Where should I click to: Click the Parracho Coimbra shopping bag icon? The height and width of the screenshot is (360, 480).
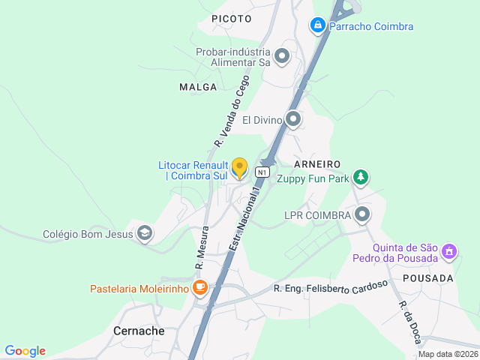[x=318, y=26]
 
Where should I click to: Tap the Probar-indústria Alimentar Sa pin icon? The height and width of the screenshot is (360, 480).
[x=282, y=56]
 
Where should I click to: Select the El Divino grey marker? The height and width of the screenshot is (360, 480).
[x=293, y=119]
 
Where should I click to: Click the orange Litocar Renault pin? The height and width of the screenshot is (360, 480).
[x=239, y=167]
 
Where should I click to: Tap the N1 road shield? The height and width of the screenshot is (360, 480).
[x=262, y=172]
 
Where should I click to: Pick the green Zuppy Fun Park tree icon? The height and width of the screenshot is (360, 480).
[x=361, y=178]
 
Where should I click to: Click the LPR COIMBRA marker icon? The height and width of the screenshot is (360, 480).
[x=362, y=215]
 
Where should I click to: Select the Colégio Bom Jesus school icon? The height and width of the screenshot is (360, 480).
[x=145, y=234]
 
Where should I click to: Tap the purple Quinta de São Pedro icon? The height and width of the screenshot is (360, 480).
[x=449, y=251]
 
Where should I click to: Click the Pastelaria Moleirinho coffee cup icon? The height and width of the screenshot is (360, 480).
[x=199, y=288]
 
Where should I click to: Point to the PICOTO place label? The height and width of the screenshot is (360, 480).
[x=231, y=17]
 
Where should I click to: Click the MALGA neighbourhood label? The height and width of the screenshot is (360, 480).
[x=198, y=87]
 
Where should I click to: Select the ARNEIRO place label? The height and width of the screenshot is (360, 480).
[x=318, y=163]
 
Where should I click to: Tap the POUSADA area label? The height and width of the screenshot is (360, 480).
[x=428, y=278]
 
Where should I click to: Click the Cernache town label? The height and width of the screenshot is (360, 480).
[x=139, y=331]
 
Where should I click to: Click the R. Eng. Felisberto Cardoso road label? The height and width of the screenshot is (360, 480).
[x=331, y=286]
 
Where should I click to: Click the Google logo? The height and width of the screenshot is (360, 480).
[x=25, y=351]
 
